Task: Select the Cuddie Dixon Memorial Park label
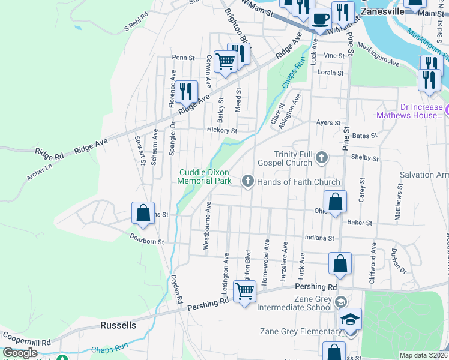(x=205, y=176)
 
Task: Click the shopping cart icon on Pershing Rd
(x=244, y=291)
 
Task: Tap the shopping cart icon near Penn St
(x=225, y=61)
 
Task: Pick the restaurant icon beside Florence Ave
(x=187, y=91)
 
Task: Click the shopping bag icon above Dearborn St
(x=143, y=212)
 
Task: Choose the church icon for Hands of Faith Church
(x=247, y=181)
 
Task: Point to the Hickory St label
(x=222, y=130)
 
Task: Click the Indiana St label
(x=319, y=238)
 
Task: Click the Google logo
(x=20, y=353)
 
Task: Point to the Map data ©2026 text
(x=423, y=355)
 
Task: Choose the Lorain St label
(x=330, y=73)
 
